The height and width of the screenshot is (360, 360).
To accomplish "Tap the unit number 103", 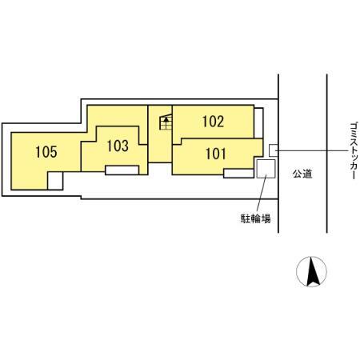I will click(x=117, y=146).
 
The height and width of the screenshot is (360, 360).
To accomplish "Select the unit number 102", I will click(x=213, y=122).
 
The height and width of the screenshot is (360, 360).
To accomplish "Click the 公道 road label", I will click(x=301, y=173).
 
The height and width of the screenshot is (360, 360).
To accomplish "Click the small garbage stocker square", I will click(x=273, y=149).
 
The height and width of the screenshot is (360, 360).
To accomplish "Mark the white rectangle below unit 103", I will click(x=122, y=170).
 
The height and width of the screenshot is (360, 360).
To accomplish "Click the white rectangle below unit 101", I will click(x=238, y=172).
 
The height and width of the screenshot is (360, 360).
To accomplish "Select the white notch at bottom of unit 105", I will click(x=54, y=182).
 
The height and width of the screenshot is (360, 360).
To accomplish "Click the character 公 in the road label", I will click(x=296, y=173).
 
